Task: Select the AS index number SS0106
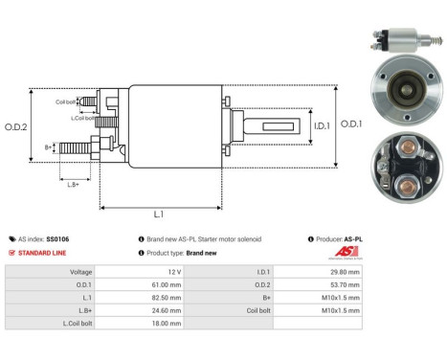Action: (56, 238)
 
